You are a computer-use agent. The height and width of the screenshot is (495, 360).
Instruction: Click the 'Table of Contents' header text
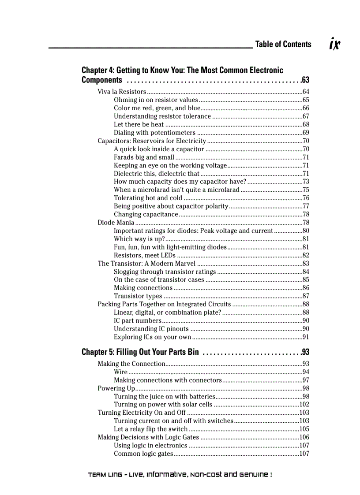point(283,44)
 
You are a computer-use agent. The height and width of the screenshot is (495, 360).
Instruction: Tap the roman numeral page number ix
point(335,44)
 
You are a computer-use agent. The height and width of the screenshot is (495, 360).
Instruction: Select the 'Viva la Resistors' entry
point(122,92)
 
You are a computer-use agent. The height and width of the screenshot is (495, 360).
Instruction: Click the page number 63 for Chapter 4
point(305,80)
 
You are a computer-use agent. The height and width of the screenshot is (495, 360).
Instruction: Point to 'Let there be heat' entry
point(139,124)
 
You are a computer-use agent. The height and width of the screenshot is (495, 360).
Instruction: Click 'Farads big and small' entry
point(144,157)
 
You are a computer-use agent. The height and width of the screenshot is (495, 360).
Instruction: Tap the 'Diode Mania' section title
point(116,223)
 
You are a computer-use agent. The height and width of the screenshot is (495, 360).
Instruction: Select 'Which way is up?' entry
point(139,239)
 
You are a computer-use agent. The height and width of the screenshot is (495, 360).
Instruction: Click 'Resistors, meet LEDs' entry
point(145,255)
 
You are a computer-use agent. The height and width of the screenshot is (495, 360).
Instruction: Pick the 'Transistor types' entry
point(138,296)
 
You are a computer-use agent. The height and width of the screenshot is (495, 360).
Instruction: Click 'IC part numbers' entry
point(137,320)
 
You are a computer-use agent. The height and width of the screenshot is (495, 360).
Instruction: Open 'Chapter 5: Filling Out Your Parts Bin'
point(140,353)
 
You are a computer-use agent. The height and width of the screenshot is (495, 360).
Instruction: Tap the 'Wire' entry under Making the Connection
point(121,372)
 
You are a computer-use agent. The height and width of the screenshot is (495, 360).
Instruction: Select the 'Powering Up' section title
point(116,388)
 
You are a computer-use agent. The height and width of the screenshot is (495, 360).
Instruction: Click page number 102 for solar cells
point(304,405)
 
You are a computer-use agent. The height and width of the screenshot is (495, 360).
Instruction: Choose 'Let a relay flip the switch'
point(150,429)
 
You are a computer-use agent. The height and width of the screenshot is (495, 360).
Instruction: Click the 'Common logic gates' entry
point(143,454)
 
